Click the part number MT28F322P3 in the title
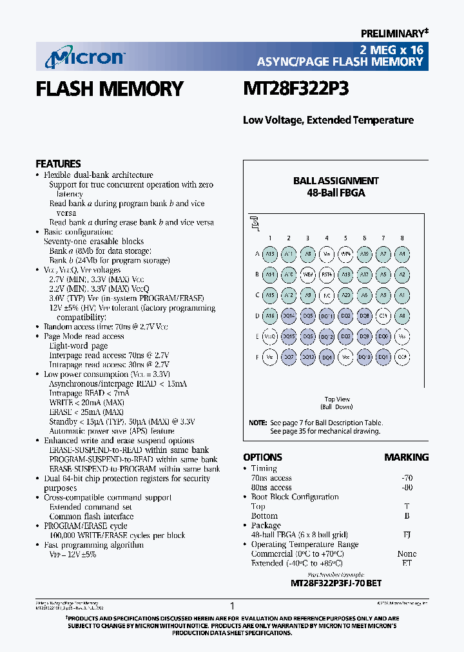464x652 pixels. coord(296,89)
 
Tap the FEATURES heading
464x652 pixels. coord(58,164)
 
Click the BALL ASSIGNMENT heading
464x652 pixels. coord(336,181)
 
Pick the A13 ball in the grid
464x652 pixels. coord(270,254)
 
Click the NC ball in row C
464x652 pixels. coord(327,295)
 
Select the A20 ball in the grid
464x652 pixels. coord(345,295)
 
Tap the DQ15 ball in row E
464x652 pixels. coord(289,336)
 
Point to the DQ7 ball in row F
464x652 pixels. coord(289,356)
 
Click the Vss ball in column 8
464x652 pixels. coord(402,336)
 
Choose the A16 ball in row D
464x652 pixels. coord(270,316)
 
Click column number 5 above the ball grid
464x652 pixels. coord(345,238)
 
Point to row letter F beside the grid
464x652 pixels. coord(256,356)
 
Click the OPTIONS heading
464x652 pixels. coord(262,457)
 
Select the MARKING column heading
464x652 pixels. coord(406,457)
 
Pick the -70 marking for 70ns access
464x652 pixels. coord(407,478)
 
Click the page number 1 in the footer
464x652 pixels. coord(232,606)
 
